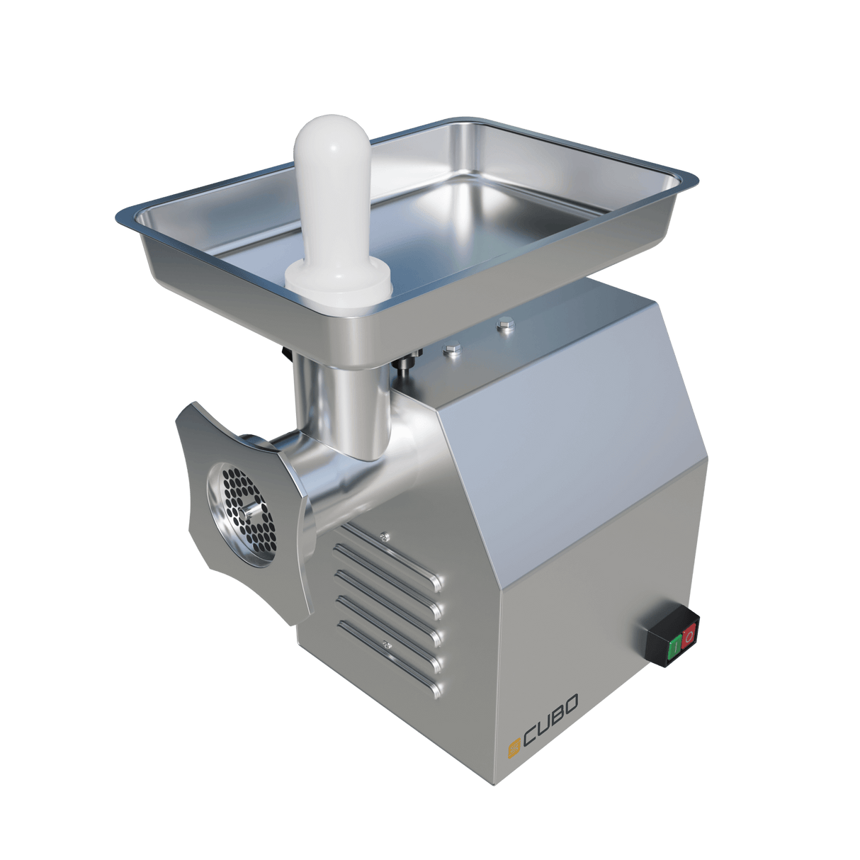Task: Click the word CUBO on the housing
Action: click(551, 712)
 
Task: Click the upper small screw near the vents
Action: click(384, 536)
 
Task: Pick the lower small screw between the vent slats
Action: click(386, 644)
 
